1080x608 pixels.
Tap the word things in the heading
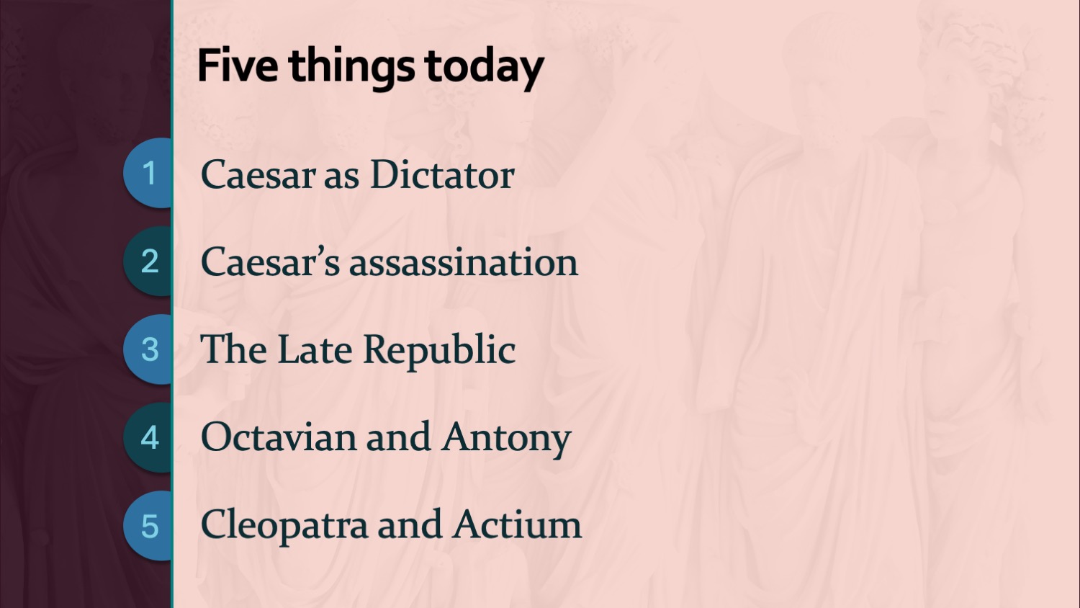351,68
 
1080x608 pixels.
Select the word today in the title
484,68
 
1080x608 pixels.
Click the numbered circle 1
148,173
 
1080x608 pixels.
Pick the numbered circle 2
148,261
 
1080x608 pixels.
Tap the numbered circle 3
148,349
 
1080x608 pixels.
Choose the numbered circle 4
148,438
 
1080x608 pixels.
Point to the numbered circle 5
148,525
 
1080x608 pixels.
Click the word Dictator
442,174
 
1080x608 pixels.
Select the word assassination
464,262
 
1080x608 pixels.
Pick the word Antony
506,439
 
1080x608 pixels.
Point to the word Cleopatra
284,527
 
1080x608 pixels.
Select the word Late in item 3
315,349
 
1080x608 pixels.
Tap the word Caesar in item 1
258,174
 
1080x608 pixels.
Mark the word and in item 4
398,437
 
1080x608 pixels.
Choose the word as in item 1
342,178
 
